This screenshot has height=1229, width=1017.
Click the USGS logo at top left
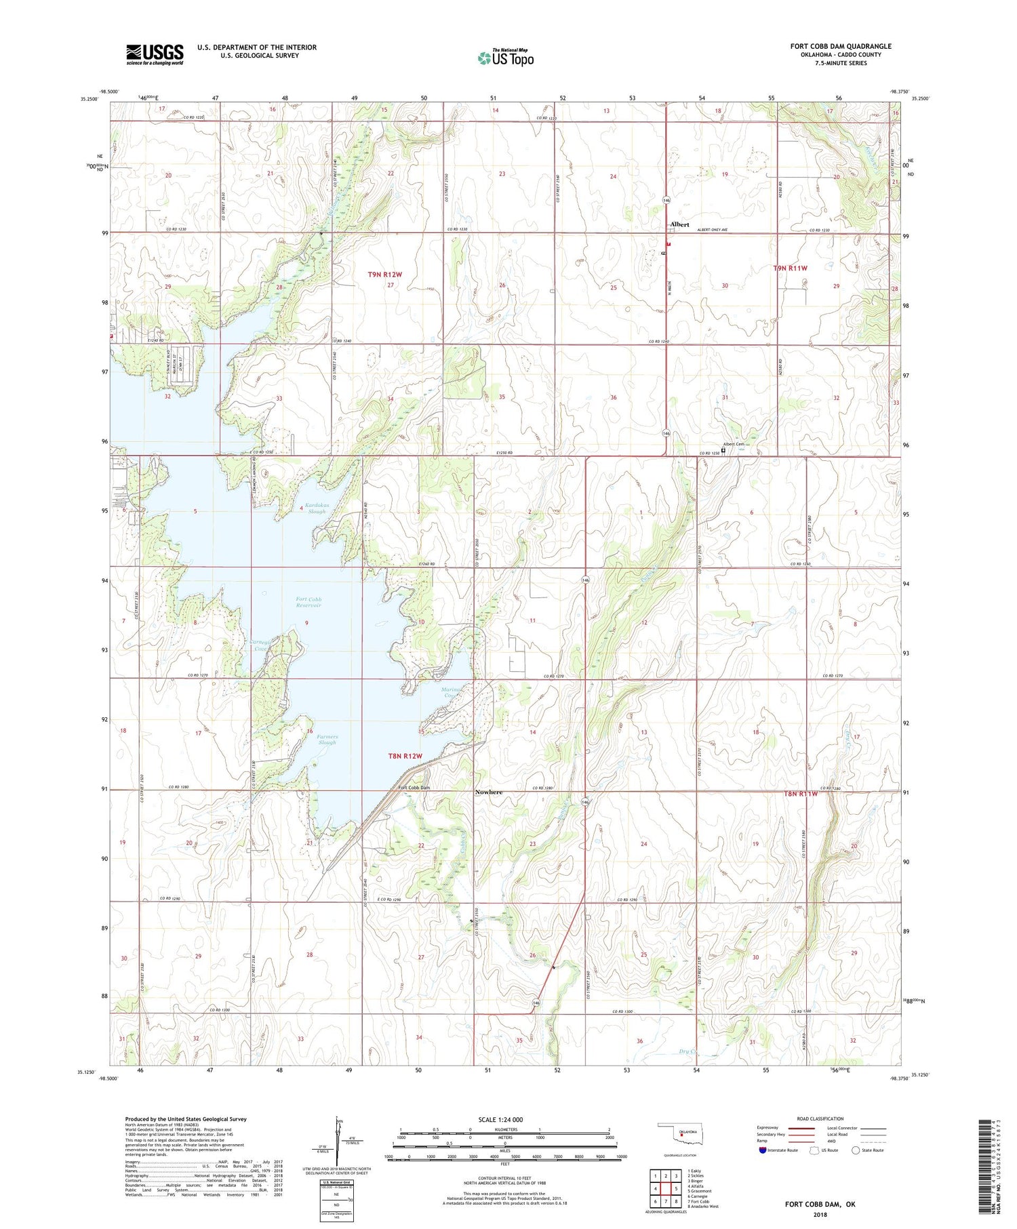click(155, 54)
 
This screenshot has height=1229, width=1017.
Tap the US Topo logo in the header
click(506, 58)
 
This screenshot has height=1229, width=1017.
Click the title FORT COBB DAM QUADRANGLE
click(841, 46)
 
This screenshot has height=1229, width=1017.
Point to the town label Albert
click(679, 224)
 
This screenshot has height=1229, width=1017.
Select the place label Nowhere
click(489, 792)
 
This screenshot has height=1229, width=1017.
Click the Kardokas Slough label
click(316, 508)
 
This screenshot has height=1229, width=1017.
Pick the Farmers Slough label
click(327, 740)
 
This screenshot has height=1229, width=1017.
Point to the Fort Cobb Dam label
click(414, 788)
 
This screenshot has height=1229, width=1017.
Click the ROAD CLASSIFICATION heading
click(820, 1119)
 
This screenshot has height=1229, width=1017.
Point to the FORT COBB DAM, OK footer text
click(819, 1204)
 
